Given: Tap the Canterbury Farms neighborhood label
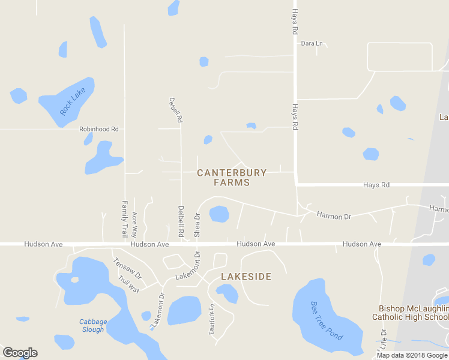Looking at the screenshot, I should (x=232, y=178).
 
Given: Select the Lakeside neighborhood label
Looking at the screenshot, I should (x=246, y=277).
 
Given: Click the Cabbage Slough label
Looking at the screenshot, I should (x=93, y=326).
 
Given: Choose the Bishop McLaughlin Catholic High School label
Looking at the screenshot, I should (x=410, y=313).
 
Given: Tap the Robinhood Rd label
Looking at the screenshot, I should (x=99, y=129).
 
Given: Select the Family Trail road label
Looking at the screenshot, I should (x=125, y=218).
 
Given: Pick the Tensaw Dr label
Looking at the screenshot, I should (x=127, y=268).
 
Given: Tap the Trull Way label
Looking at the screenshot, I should (x=128, y=284).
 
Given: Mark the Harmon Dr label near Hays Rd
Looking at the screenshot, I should (x=334, y=216).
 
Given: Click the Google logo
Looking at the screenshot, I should (x=20, y=353).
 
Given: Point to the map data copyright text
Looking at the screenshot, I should (x=412, y=355).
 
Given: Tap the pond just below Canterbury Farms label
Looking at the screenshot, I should (x=218, y=214).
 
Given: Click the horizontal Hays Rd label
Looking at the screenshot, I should (x=376, y=185).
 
